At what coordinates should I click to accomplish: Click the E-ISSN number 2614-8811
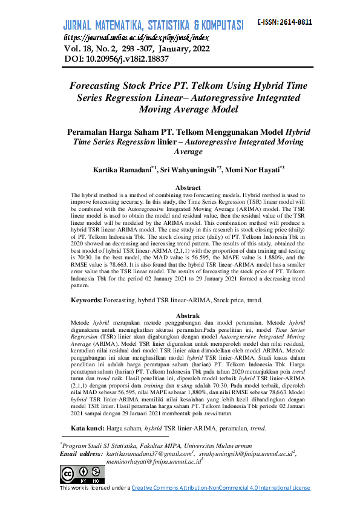tap(294, 22)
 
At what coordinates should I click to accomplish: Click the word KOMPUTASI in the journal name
tap(218, 25)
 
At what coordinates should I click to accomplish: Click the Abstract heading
tap(187, 188)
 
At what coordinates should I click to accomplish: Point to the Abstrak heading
tap(187, 316)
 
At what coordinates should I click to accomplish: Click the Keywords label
tap(86, 300)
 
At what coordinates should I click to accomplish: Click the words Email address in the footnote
tap(82, 453)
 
